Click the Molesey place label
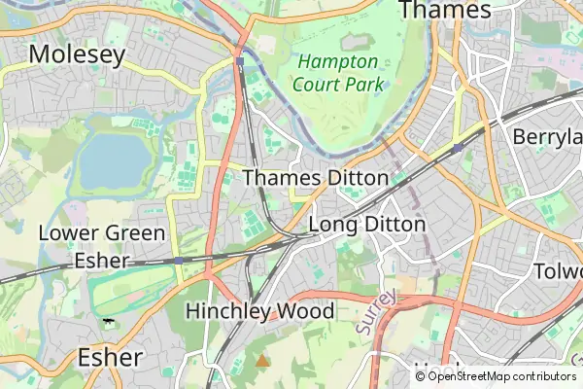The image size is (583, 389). click(77, 54)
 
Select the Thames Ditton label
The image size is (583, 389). click(315, 178)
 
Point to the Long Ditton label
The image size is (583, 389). click(366, 225)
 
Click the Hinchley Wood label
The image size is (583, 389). click(259, 311)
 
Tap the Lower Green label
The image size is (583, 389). click(102, 233)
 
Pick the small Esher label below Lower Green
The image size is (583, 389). click(102, 262)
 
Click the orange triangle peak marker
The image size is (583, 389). click(261, 361)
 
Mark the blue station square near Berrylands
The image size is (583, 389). click(457, 148)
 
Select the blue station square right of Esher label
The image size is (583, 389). click(179, 261)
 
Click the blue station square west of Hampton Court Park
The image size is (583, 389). click(239, 61)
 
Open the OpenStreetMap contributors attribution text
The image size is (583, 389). click(500, 376)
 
